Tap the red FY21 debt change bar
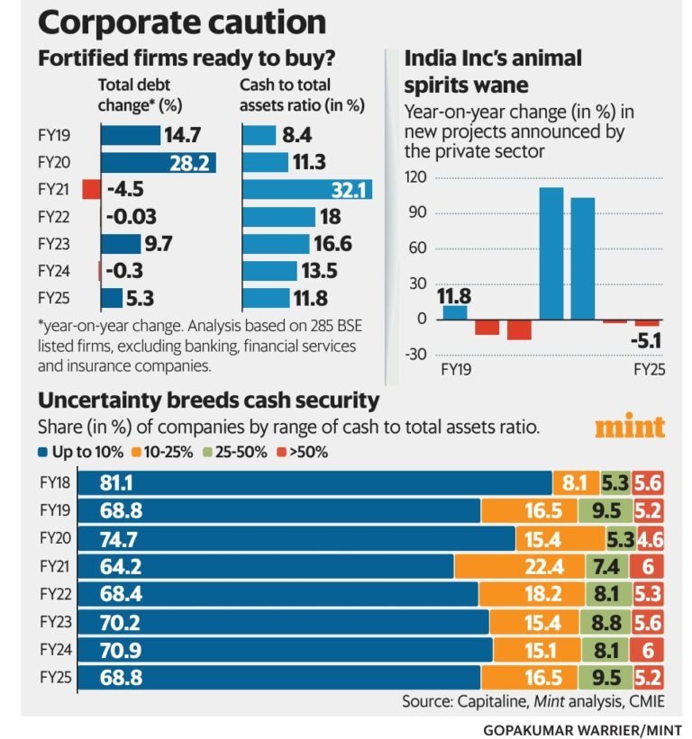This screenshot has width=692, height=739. pos(90,189)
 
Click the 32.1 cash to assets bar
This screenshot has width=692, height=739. pos(306,189)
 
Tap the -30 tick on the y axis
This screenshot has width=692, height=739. pos(415,354)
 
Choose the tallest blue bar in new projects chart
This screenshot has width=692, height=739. pos(551,253)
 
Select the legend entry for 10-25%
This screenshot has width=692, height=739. pos(166,452)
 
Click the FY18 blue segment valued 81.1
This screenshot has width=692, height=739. pos(314,482)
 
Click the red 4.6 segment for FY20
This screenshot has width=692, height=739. pos(651,538)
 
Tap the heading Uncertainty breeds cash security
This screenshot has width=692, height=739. pos(208,401)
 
